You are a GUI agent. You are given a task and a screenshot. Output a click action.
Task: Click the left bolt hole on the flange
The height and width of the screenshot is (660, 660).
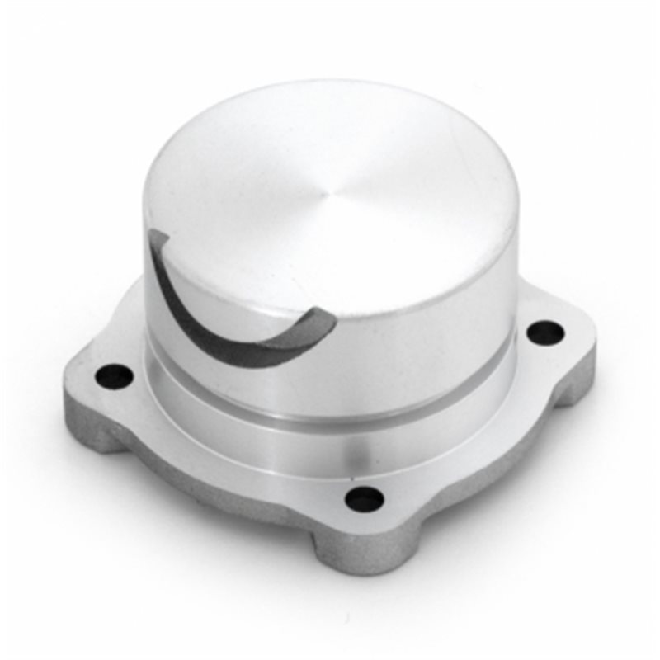coord(114,376)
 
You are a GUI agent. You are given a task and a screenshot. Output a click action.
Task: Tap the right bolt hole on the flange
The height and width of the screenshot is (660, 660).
coord(545,332)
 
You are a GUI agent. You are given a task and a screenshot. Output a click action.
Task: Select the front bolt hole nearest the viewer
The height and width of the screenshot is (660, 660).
coord(364,498)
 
